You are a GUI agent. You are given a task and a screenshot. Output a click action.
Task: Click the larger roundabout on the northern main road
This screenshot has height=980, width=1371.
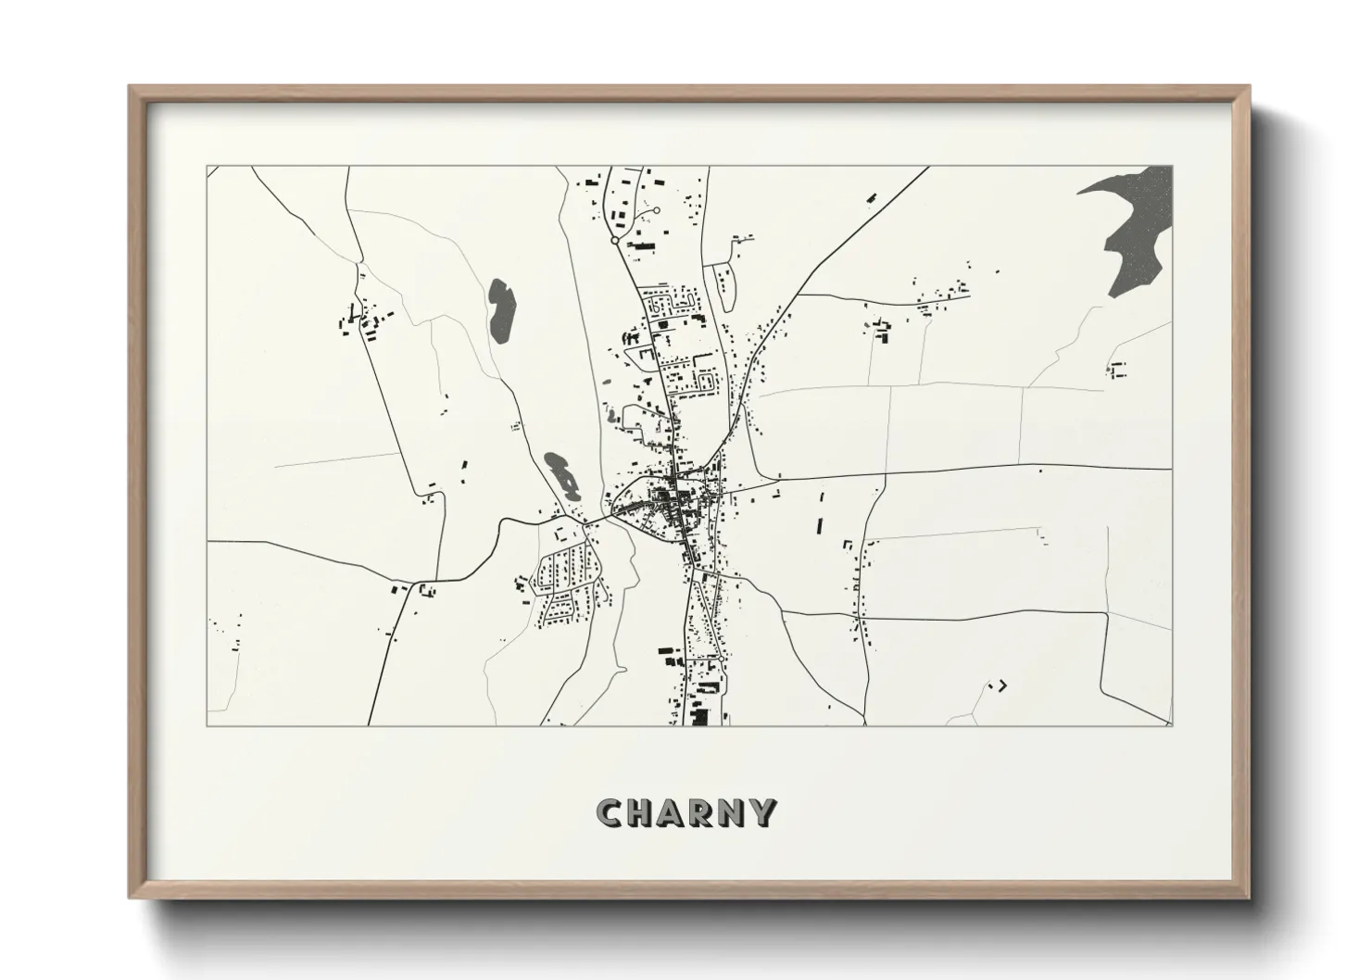click(614, 240)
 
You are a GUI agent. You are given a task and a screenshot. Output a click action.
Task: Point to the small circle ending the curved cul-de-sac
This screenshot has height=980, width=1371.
click(657, 211)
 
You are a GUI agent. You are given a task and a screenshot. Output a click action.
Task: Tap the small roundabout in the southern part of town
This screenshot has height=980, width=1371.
click(722, 659)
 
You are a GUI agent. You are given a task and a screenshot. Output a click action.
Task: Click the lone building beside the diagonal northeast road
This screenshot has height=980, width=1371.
click(872, 196)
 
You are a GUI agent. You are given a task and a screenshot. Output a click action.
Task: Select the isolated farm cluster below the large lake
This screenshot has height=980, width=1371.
click(1116, 369)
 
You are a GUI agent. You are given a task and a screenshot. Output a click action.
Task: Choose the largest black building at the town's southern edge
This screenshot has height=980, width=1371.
click(699, 716)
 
